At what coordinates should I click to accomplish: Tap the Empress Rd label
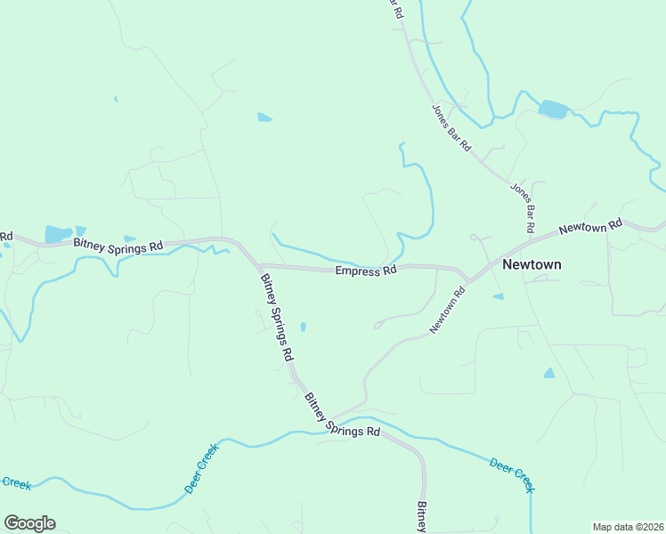pos(366,271)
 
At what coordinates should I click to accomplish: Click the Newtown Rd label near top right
pos(589,228)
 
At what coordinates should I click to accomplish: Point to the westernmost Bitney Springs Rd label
pos(118,243)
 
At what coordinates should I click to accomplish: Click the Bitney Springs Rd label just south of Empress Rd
pos(277,316)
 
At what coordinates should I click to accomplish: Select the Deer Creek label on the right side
pos(513,474)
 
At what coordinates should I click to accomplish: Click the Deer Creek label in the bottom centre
pos(201,470)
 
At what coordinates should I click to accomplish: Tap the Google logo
pos(29,523)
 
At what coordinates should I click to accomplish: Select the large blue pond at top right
pos(553,109)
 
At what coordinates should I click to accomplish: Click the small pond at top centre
pos(264,117)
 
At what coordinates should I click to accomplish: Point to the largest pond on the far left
pos(58,234)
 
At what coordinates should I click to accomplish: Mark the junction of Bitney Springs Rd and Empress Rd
pos(257,264)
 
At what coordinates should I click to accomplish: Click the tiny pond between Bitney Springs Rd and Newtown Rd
pos(304,327)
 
